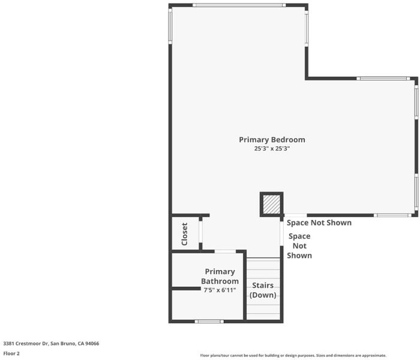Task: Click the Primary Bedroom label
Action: [272, 140]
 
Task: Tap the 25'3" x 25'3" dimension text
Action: [272, 149]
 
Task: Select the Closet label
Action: [185, 234]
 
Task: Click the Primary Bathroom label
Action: [220, 277]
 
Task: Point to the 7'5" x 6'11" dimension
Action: [220, 290]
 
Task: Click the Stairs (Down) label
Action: [263, 290]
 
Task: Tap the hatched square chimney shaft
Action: [272, 205]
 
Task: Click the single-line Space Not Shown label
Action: [319, 223]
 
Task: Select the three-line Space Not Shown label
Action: [299, 246]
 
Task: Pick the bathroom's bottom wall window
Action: [209, 322]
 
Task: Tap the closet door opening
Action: [200, 232]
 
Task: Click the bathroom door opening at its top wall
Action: [225, 251]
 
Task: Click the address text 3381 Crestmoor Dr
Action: [26, 343]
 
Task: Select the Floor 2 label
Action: [11, 353]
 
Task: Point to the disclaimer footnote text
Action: [293, 355]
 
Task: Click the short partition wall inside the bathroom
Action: [186, 289]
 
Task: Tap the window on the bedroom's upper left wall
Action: [170, 26]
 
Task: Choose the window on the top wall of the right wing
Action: [383, 79]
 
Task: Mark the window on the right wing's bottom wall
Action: [392, 215]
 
